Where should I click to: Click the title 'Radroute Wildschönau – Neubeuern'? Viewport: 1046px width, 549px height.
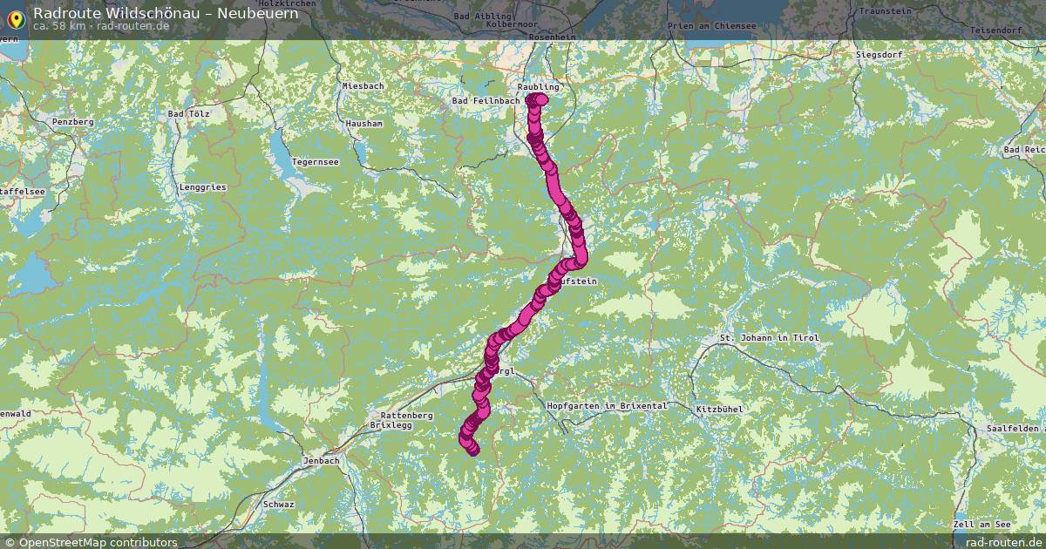pyautogui.click(x=166, y=12)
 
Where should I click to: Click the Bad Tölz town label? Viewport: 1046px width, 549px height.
pyautogui.click(x=188, y=114)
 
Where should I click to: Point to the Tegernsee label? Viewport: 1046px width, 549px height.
pyautogui.click(x=315, y=162)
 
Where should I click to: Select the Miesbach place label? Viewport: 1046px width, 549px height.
pyautogui.click(x=363, y=86)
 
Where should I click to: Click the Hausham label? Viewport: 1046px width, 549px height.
pyautogui.click(x=363, y=124)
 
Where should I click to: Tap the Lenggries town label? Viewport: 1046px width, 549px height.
pyautogui.click(x=202, y=187)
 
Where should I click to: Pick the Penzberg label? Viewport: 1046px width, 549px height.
pyautogui.click(x=72, y=122)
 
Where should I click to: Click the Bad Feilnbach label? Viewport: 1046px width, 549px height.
pyautogui.click(x=486, y=101)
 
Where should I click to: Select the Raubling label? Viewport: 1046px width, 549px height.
pyautogui.click(x=538, y=87)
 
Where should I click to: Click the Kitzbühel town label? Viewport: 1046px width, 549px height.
pyautogui.click(x=719, y=409)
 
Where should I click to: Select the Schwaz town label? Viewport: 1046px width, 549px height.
pyautogui.click(x=278, y=505)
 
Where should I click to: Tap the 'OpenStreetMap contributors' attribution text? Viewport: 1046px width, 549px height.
pyautogui.click(x=98, y=542)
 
